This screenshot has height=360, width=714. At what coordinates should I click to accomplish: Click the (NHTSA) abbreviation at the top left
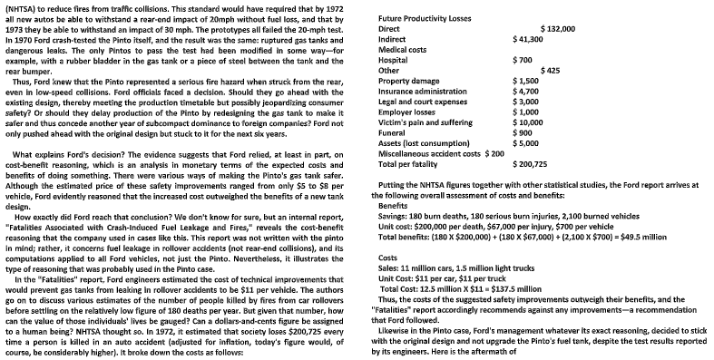(x=21, y=6)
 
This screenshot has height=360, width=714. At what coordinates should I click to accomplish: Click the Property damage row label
(x=408, y=81)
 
